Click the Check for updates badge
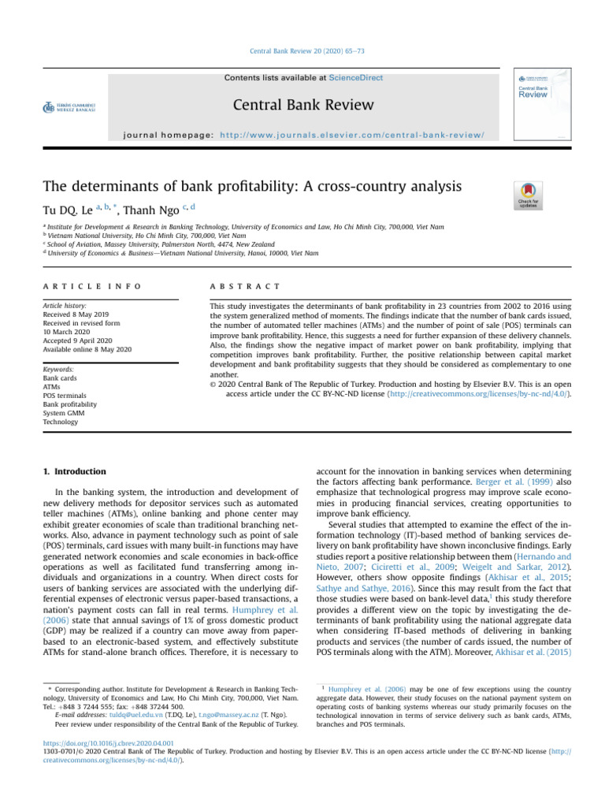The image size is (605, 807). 528,195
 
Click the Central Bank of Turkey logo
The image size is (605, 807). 69,106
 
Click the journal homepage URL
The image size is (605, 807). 351,135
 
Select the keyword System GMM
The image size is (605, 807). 65,413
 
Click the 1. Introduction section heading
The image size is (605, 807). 74,471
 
